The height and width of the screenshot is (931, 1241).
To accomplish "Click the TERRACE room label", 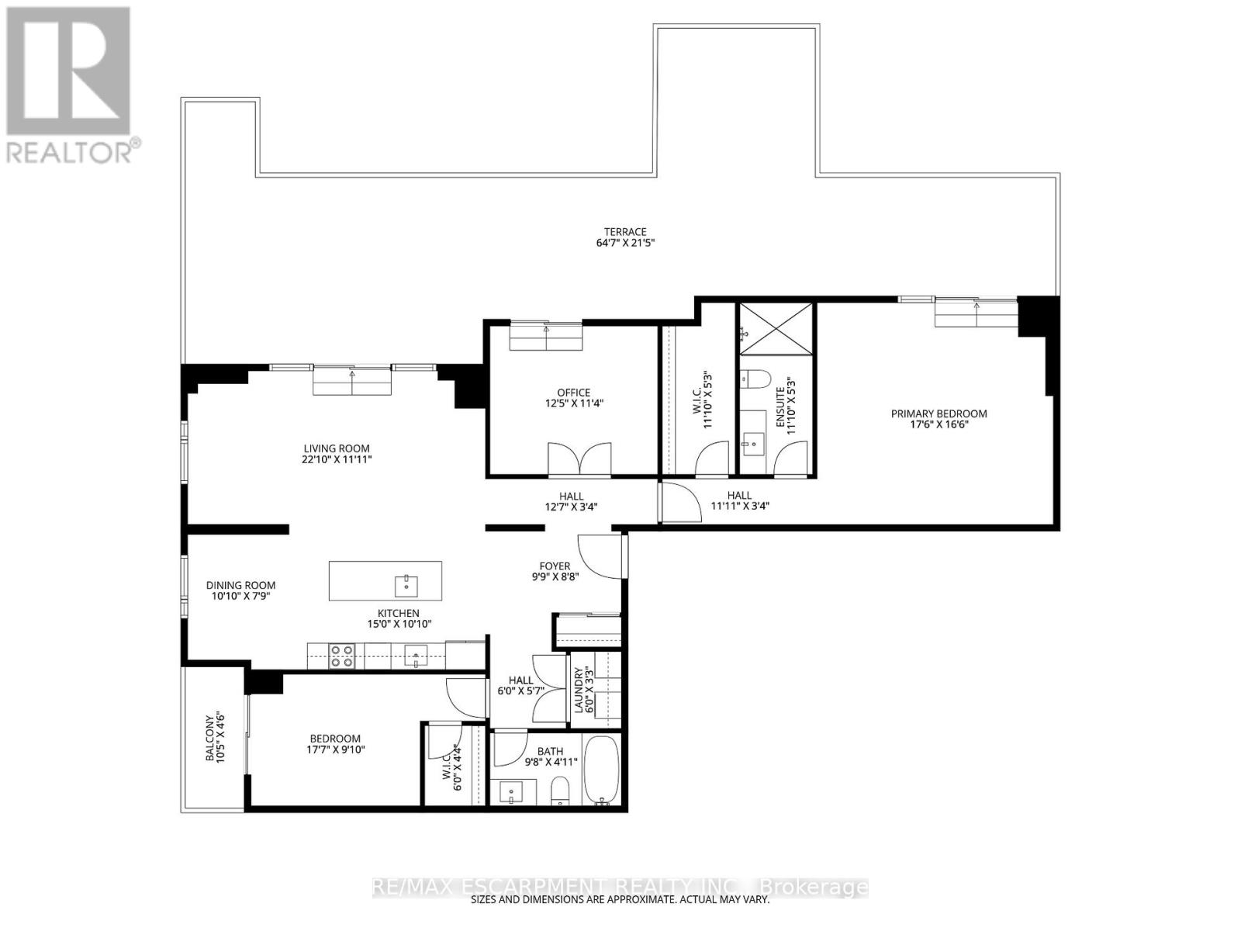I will pyautogui.click(x=625, y=232).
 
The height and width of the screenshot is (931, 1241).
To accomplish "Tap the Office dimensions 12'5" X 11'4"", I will pyautogui.click(x=573, y=403).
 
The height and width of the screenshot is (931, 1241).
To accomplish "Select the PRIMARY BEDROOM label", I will pyautogui.click(x=939, y=414).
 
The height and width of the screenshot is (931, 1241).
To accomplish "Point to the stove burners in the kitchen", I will pyautogui.click(x=341, y=656).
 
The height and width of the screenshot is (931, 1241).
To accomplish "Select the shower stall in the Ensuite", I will pyautogui.click(x=776, y=329).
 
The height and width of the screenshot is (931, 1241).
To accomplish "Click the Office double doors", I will pyautogui.click(x=579, y=459).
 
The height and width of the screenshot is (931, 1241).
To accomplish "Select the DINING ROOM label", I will pyautogui.click(x=240, y=586).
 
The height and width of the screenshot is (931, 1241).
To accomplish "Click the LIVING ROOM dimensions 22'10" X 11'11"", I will pyautogui.click(x=337, y=459).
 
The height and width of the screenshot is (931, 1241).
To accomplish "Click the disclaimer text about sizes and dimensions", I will pyautogui.click(x=620, y=900).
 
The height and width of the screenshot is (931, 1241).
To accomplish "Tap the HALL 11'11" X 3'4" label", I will pyautogui.click(x=739, y=500).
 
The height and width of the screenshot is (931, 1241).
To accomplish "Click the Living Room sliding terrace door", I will pyautogui.click(x=352, y=380).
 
